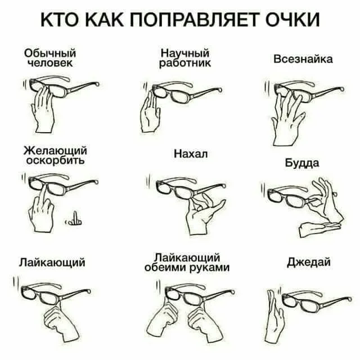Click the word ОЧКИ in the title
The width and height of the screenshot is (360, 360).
pos(292,20)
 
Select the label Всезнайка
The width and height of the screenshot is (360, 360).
pos(303,59)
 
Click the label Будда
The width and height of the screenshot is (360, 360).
pos(302,163)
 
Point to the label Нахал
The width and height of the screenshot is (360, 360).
pos(191,154)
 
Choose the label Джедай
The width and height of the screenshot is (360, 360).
pos(309,262)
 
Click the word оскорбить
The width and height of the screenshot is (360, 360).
pos(55,160)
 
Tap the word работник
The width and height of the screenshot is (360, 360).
pos(185,63)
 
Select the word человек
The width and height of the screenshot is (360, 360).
pos(50,63)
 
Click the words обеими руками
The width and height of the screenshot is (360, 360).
pos(187,268)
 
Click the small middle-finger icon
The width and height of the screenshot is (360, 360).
pos(74,219)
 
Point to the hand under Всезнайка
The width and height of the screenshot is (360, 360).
pos(288,119)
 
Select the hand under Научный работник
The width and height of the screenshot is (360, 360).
pos(150,112)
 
